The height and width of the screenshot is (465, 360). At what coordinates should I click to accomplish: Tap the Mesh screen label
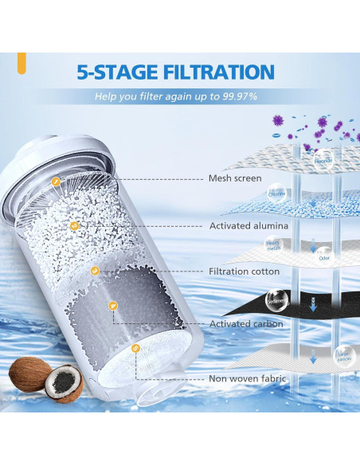point(235,178)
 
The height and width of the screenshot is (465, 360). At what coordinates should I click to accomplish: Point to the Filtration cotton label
point(244,272)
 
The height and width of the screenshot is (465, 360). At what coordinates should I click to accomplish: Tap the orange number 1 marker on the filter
point(55,182)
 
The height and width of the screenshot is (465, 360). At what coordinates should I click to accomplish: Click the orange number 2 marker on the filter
point(74,224)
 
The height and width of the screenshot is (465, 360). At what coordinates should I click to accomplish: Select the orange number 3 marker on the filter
point(95,271)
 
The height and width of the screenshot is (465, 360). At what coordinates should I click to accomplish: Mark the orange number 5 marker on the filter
point(135,347)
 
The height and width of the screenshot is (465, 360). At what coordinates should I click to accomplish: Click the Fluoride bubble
point(322,158)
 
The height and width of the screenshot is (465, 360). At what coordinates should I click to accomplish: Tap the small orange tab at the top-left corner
point(22,58)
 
